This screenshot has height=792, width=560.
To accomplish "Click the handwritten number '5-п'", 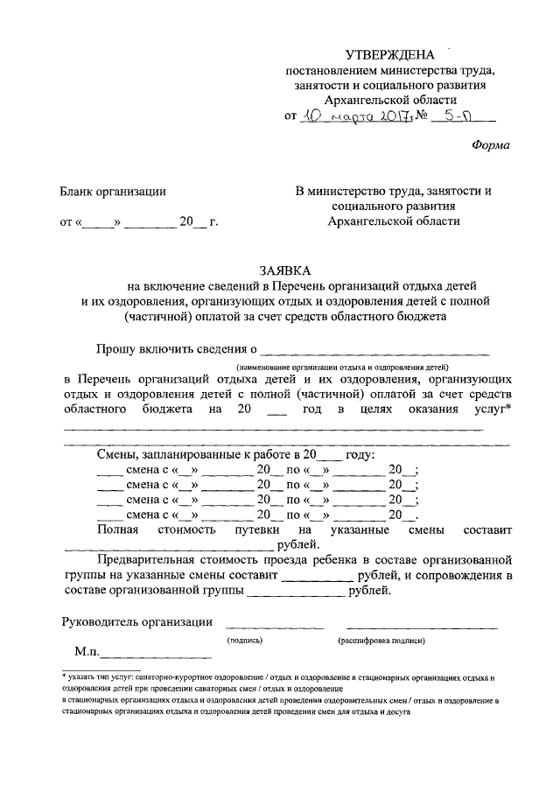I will click(459, 116).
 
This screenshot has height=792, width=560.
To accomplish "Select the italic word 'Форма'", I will click(490, 146).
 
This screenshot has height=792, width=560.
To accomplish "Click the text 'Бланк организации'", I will click(113, 191).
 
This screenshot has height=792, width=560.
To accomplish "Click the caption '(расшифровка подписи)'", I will click(381, 641).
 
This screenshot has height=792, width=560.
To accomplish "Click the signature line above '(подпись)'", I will click(275, 626).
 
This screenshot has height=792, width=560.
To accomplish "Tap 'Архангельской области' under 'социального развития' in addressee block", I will click(392, 221).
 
